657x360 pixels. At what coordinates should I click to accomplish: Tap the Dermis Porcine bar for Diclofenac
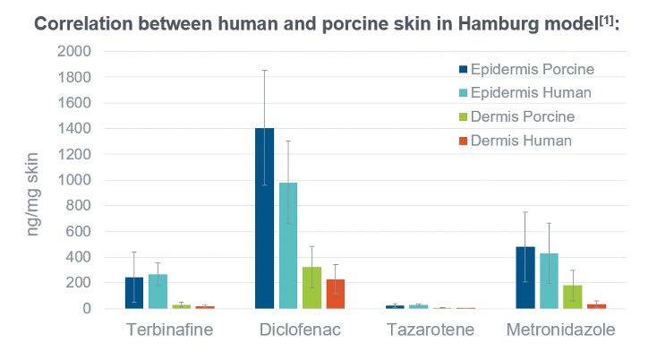point(311,287)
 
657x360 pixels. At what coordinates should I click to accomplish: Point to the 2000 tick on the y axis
point(73,51)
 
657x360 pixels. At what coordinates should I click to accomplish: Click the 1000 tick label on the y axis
point(73,180)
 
